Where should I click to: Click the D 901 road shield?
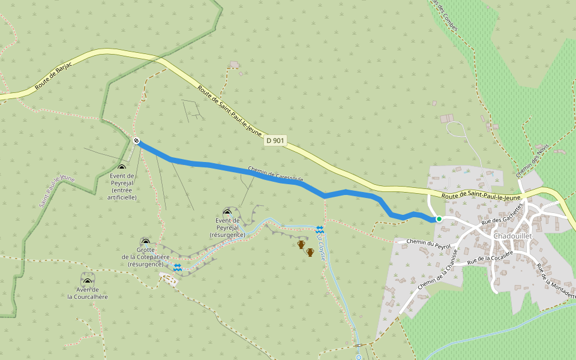point(275,140)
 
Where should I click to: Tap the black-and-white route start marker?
point(137,141)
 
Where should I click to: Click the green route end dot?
point(439,219)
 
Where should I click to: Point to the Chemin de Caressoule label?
point(276,175)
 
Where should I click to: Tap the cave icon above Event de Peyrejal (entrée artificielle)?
point(122,168)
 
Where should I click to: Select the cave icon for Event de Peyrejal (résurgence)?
point(227,212)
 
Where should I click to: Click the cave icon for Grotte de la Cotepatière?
point(145,242)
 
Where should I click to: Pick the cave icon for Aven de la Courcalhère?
point(88,280)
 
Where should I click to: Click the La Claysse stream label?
point(322,246)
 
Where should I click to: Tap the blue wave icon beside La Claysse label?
point(320,229)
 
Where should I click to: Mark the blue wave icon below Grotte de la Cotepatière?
point(178,267)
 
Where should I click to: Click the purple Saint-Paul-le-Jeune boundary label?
point(56,191)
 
